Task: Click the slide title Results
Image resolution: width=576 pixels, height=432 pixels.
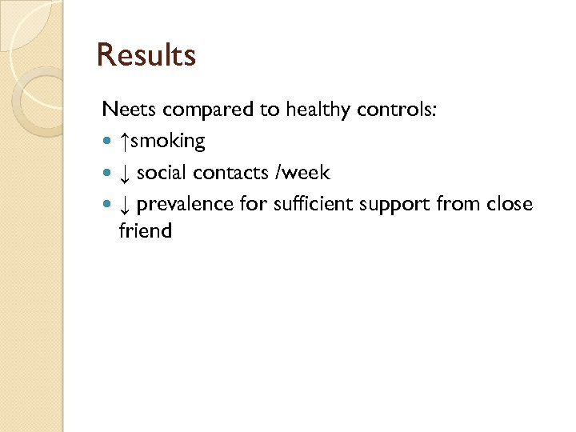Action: (146, 56)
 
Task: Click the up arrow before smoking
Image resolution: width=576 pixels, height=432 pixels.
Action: (123, 142)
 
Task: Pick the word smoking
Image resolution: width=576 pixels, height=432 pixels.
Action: (167, 142)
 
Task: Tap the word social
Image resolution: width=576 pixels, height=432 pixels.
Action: (162, 173)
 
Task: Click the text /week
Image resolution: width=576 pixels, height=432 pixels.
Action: (302, 173)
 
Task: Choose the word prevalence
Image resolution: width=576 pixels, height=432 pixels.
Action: (186, 205)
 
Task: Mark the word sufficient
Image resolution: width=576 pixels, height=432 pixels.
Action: (312, 205)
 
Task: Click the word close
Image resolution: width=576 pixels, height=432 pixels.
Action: (509, 205)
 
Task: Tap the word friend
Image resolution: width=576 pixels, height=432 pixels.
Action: (145, 231)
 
